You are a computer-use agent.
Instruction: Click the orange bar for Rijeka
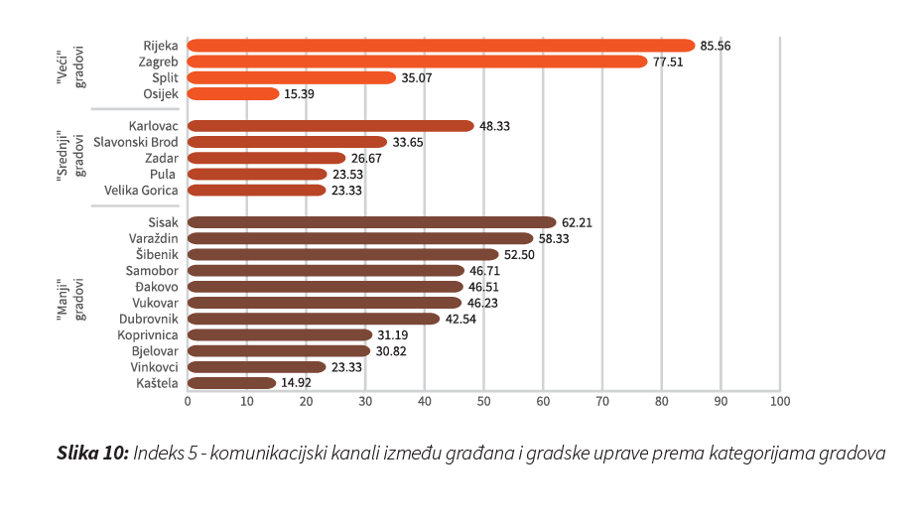coord(441,46)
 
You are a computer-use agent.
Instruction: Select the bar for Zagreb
coord(417,62)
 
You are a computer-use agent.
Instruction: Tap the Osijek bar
coord(233,93)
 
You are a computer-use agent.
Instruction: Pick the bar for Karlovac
coord(330,126)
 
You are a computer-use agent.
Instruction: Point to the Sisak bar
coord(371,222)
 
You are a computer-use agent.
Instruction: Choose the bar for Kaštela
coord(231,383)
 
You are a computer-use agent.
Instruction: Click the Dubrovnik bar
coord(313,319)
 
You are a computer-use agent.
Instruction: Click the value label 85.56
coord(716,46)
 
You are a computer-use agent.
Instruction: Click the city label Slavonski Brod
coord(135,142)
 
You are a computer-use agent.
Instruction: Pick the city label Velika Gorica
coord(141,190)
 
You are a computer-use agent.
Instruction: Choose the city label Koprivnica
coord(148,334)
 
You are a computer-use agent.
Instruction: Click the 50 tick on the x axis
coord(483,402)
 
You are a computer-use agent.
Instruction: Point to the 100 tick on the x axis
coord(780,402)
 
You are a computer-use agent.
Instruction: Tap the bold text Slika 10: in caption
coord(92,454)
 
